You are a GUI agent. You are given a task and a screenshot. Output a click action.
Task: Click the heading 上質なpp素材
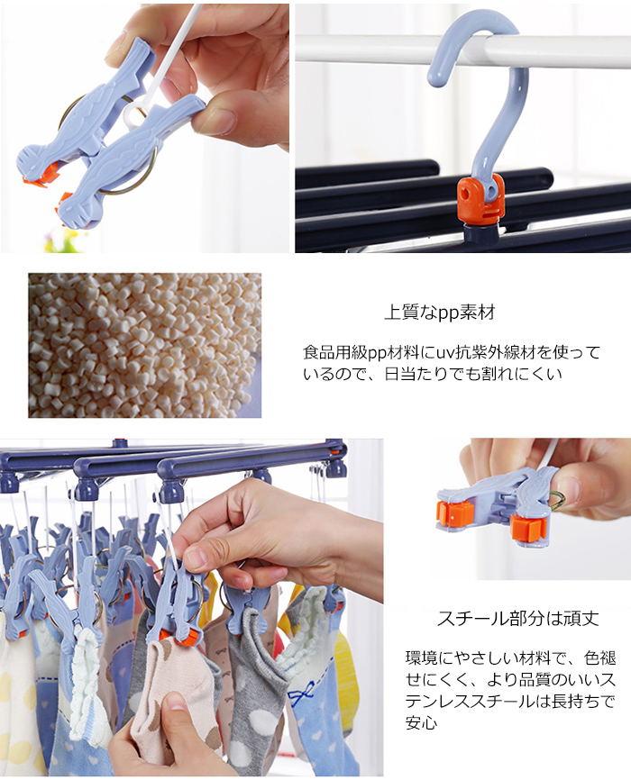[x=440, y=313]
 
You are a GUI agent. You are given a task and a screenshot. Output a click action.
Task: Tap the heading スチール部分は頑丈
[x=518, y=619]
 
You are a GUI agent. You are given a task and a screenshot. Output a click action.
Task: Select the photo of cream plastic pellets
[x=144, y=345]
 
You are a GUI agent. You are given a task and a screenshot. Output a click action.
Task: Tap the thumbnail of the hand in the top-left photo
[x=219, y=69]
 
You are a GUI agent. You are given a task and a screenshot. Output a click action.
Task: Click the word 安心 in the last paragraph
[x=421, y=722]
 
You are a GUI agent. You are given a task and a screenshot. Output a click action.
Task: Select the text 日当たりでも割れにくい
[x=473, y=374]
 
